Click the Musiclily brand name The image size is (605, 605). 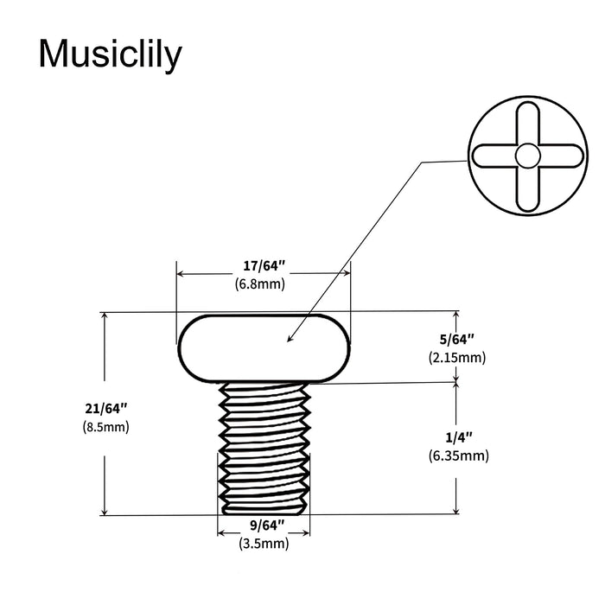click(x=111, y=55)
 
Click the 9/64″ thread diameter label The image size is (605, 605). click(x=264, y=527)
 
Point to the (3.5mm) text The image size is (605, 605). click(x=264, y=544)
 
